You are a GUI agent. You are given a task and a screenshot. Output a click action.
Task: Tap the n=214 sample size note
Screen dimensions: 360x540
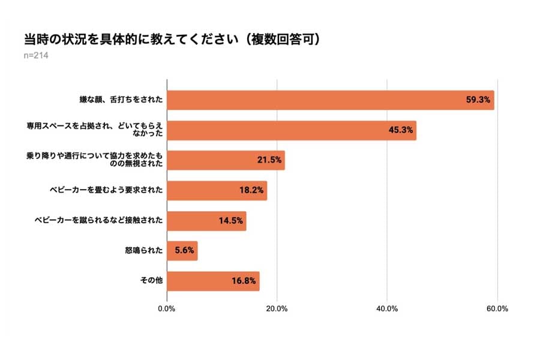click(35, 56)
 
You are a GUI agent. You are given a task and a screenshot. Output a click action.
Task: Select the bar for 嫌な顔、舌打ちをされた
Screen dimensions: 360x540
click(330, 100)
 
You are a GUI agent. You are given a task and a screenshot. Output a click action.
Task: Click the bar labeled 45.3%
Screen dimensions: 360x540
click(291, 130)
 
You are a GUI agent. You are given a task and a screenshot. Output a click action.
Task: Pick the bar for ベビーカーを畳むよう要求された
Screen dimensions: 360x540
click(217, 191)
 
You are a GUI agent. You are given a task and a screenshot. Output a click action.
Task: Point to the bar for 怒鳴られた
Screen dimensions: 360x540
click(182, 251)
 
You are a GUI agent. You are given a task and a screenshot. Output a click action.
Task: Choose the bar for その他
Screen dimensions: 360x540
click(213, 281)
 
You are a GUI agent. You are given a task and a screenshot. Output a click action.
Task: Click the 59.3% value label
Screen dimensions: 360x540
click(478, 100)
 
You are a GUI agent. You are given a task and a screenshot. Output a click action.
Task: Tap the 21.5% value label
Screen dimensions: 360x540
click(268, 161)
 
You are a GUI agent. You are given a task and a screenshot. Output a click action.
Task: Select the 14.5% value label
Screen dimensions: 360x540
click(230, 221)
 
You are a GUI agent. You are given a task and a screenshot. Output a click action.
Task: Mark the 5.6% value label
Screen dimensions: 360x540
click(184, 251)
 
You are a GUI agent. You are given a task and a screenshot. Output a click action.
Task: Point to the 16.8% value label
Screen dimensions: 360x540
click(243, 281)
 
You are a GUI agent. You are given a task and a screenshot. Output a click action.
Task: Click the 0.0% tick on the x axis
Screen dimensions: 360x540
click(167, 309)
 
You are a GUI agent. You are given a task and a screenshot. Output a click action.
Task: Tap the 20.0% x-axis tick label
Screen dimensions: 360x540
click(277, 309)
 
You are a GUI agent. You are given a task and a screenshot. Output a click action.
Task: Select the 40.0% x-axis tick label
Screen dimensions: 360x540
click(387, 309)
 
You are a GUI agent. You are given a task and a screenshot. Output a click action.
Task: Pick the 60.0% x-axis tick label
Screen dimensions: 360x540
click(497, 309)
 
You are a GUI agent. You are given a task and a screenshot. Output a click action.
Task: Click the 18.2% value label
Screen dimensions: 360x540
click(251, 191)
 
